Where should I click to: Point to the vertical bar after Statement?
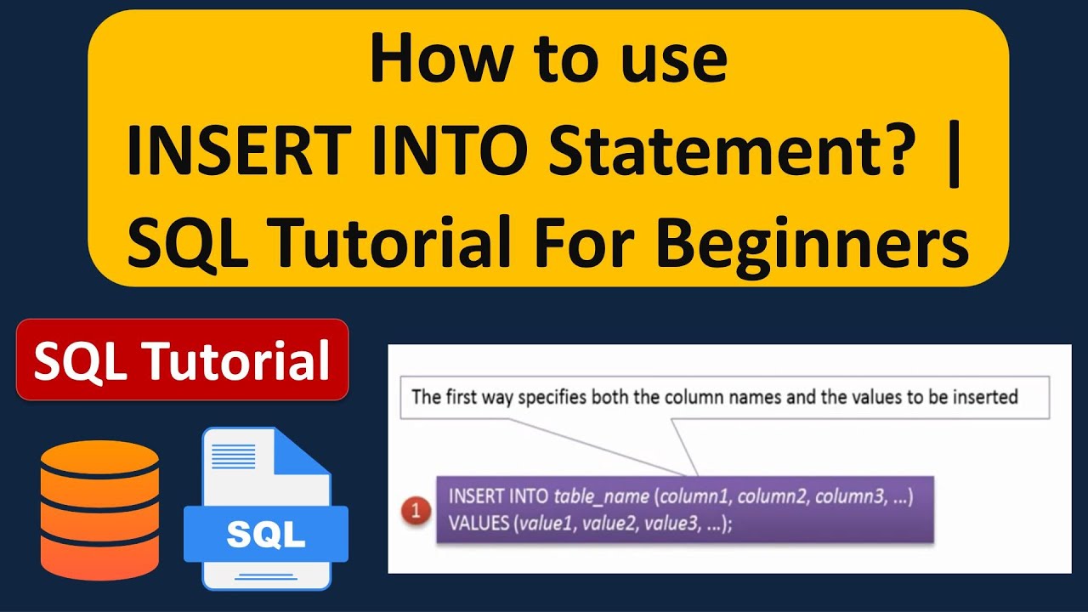pyautogui.click(x=951, y=154)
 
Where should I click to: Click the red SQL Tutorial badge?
pyautogui.click(x=182, y=360)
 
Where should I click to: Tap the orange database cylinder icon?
pyautogui.click(x=99, y=510)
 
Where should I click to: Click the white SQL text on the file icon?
pyautogui.click(x=266, y=535)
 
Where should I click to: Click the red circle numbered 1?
pyautogui.click(x=416, y=512)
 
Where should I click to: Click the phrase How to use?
pyautogui.click(x=548, y=61)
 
